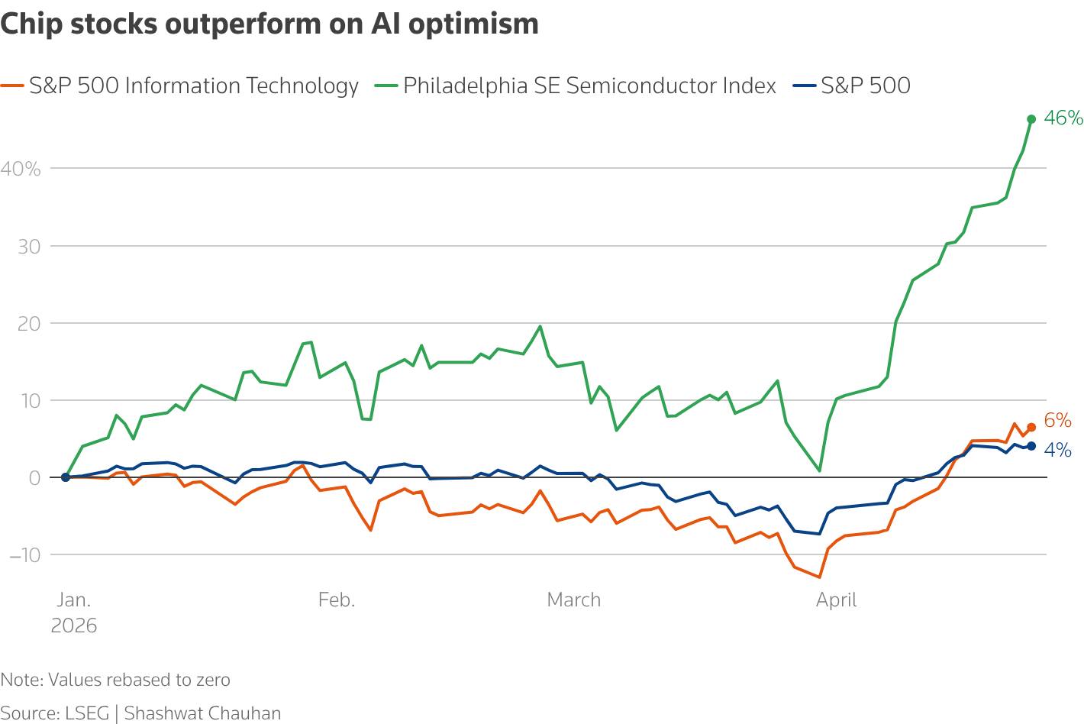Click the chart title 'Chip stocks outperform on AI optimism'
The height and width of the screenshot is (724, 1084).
(x=269, y=24)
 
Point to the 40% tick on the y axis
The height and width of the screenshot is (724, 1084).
(x=21, y=169)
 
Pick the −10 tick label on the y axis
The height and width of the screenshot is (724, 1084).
(x=24, y=554)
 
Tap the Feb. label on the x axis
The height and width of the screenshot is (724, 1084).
(x=337, y=600)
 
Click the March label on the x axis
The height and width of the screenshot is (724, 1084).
(x=574, y=600)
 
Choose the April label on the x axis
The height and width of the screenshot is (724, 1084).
(x=837, y=600)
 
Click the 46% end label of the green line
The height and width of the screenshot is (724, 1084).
(x=1063, y=118)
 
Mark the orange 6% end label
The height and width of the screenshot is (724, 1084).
(x=1057, y=421)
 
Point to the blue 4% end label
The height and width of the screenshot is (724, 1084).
(x=1057, y=451)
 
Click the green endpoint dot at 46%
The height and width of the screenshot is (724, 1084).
(x=1031, y=119)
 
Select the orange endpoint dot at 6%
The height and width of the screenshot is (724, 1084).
(x=1031, y=428)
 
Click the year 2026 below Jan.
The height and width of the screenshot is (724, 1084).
(x=74, y=626)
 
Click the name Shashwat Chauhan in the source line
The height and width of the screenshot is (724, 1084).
(x=202, y=713)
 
